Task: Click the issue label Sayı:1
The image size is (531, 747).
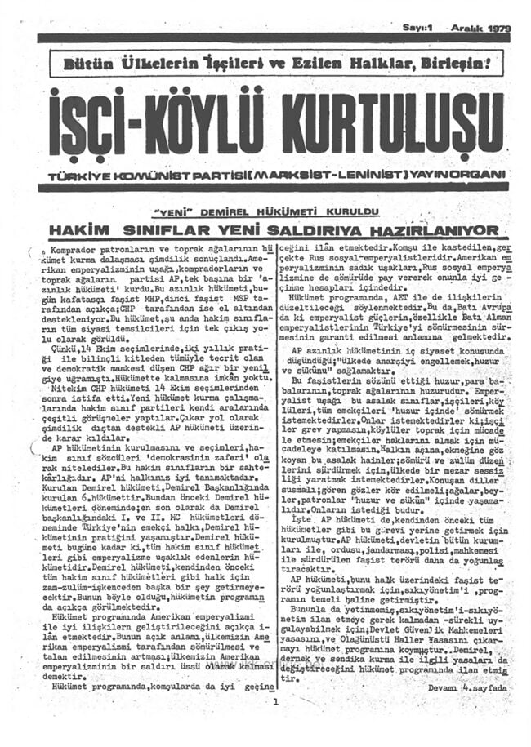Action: click(x=418, y=27)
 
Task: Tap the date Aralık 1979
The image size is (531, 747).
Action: click(x=484, y=27)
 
